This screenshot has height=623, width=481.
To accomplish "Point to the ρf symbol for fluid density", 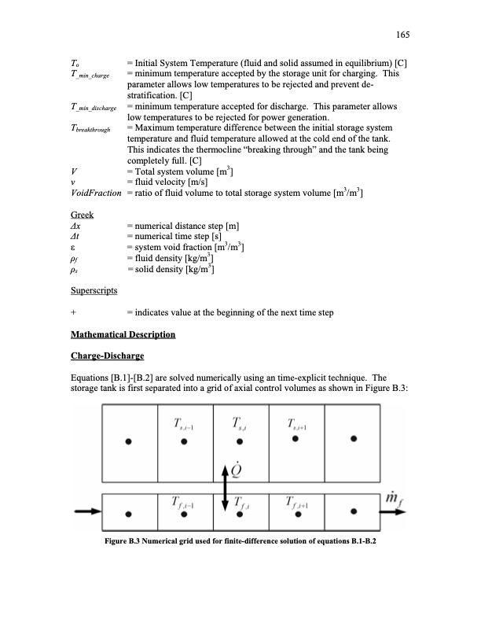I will [x=75, y=260].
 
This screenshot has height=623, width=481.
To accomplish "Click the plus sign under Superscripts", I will [x=72, y=313].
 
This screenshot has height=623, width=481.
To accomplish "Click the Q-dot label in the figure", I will [x=235, y=470].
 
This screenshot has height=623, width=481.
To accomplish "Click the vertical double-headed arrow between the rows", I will [x=226, y=488].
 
